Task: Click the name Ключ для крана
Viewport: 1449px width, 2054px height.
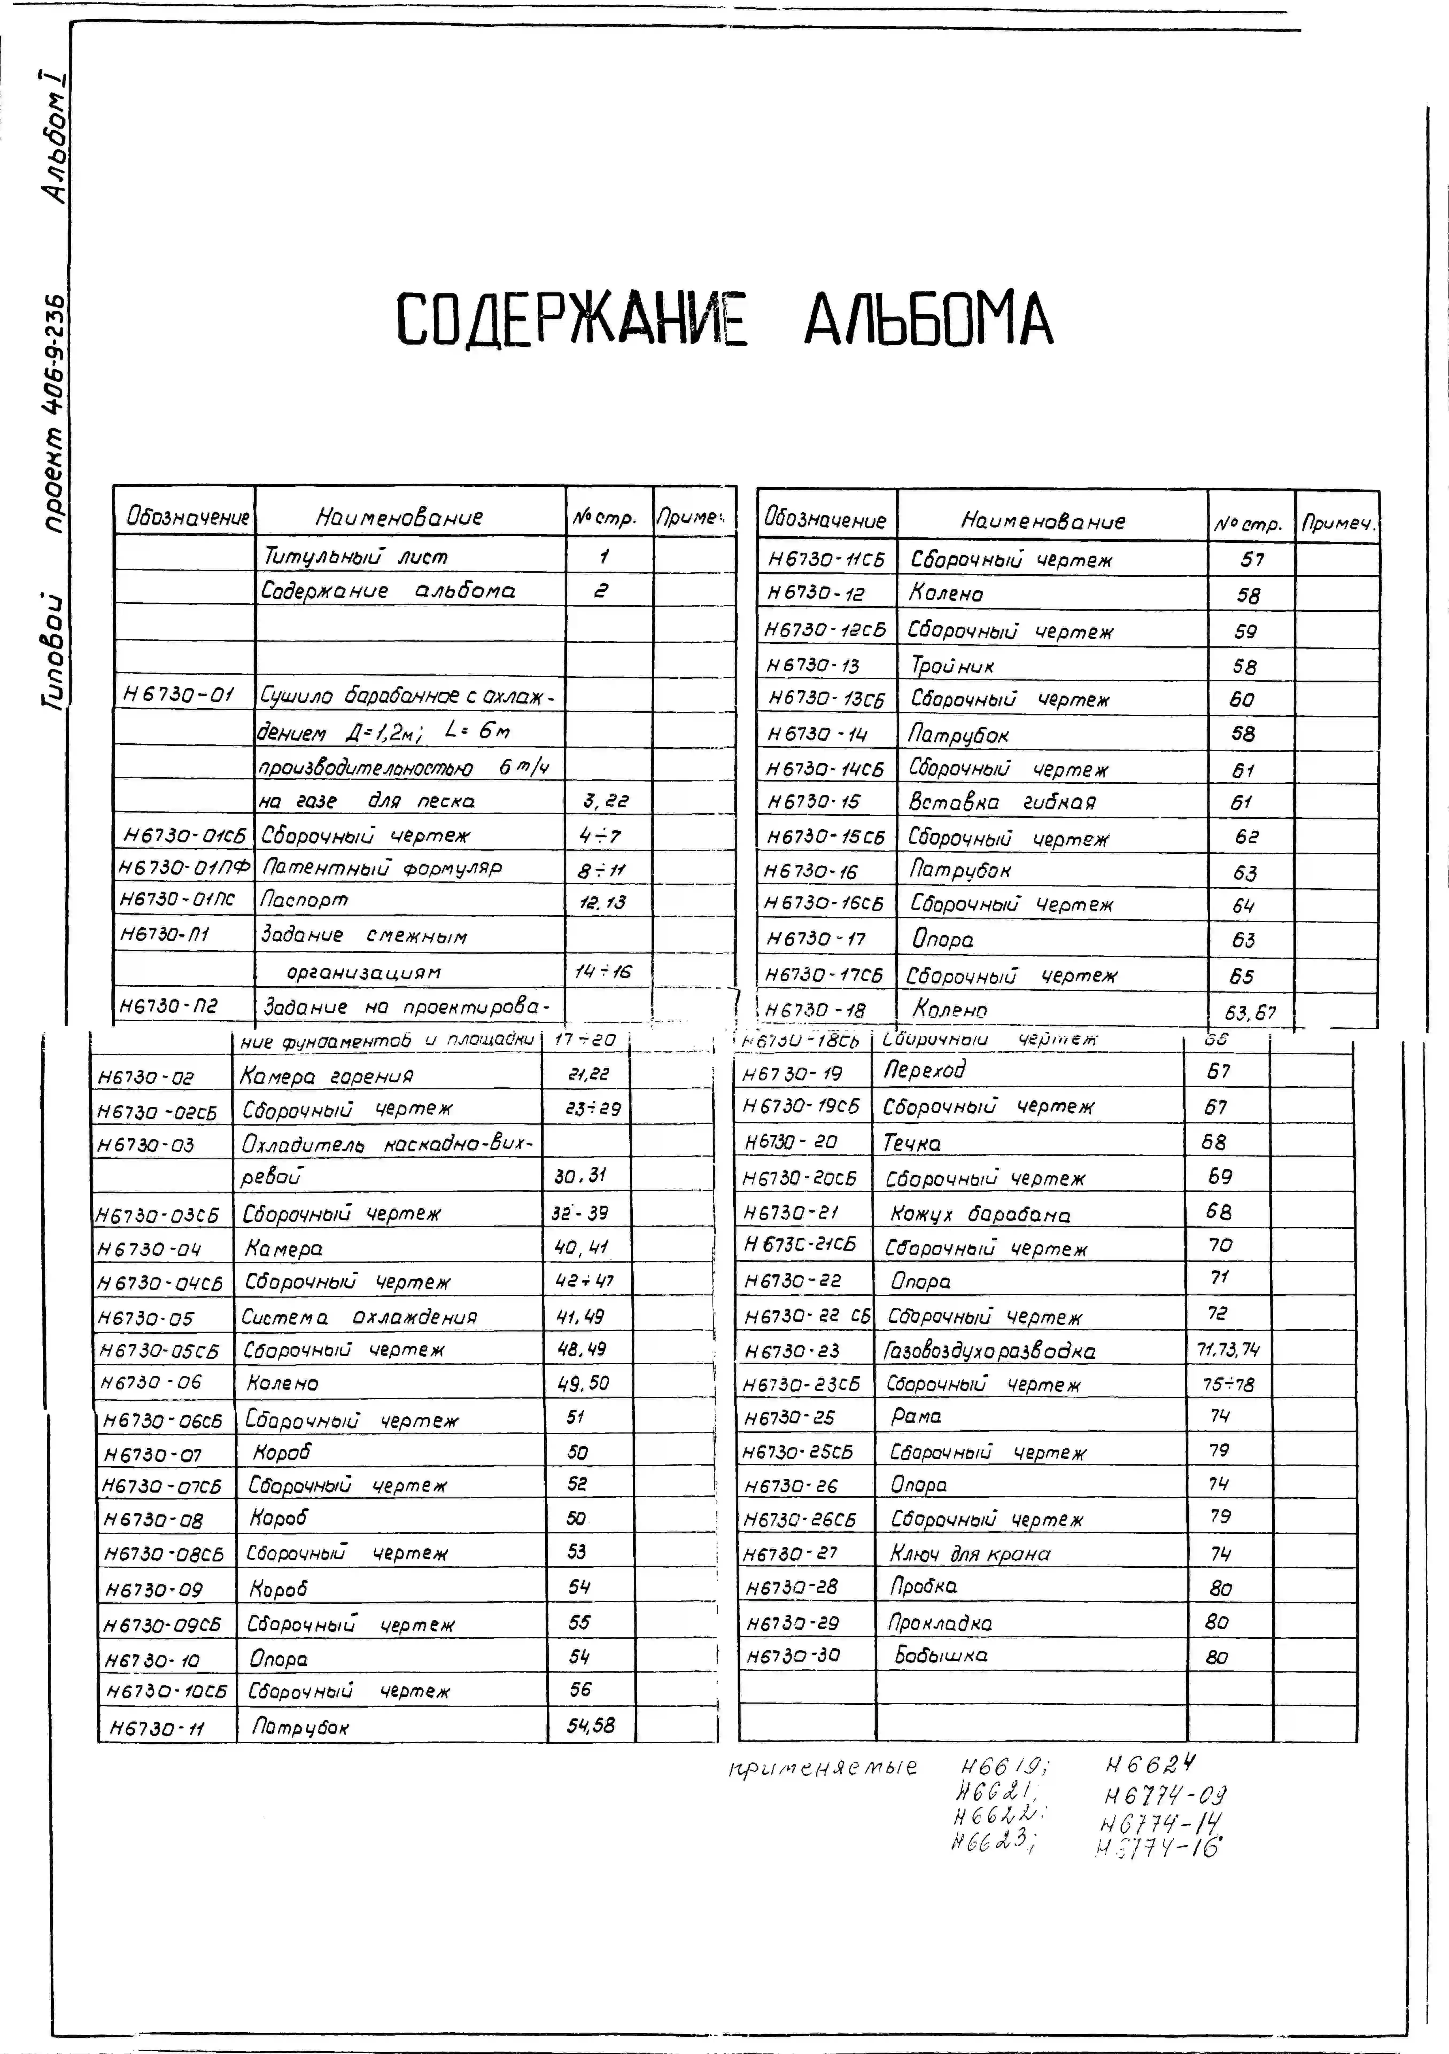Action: pos(969,1554)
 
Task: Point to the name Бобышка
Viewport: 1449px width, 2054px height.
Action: pos(941,1655)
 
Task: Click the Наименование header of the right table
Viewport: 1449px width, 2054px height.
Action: pos(1043,521)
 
